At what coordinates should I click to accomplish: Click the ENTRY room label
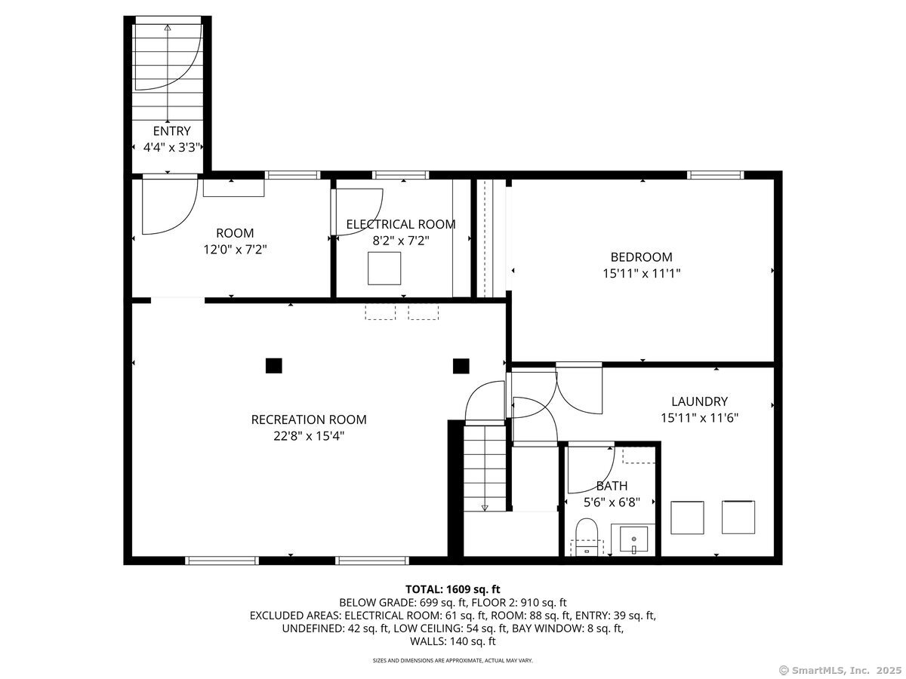[x=171, y=131]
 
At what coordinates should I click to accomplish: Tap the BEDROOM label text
[x=642, y=257]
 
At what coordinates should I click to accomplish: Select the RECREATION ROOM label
[x=309, y=419]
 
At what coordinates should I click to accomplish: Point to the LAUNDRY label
[x=699, y=401]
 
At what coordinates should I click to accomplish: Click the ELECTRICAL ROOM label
[x=401, y=225]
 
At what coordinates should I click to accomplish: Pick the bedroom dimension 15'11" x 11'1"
[x=642, y=273]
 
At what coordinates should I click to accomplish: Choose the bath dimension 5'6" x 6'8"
[x=612, y=502]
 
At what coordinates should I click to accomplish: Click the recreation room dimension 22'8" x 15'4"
[x=309, y=436]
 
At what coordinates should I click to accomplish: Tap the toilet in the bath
[x=587, y=536]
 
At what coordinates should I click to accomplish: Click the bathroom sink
[x=633, y=540]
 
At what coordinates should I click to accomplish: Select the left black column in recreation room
[x=273, y=366]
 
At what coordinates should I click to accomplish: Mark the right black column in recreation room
[x=461, y=366]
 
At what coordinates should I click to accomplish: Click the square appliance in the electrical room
[x=384, y=269]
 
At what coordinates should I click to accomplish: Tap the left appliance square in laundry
[x=687, y=518]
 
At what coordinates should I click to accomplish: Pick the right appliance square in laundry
[x=738, y=518]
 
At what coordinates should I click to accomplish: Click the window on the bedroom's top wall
[x=716, y=175]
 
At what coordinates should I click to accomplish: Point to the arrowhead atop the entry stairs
[x=168, y=28]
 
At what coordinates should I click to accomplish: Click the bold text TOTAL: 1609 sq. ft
[x=453, y=589]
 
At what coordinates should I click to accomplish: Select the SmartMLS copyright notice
[x=840, y=671]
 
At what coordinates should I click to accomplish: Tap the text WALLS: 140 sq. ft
[x=453, y=641]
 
